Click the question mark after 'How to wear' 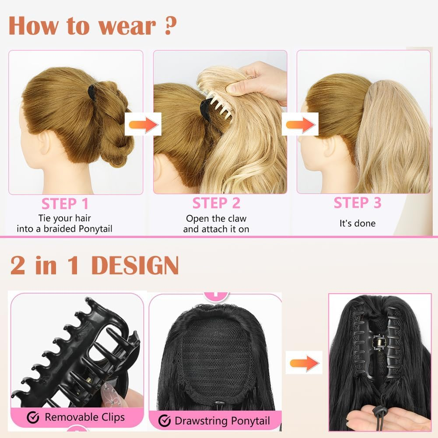(x=170, y=26)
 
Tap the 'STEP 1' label (x=65, y=204)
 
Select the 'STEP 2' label (x=216, y=204)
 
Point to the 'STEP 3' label (x=357, y=203)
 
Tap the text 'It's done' (x=357, y=223)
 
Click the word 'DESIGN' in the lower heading (x=135, y=265)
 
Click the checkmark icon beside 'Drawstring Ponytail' (x=165, y=420)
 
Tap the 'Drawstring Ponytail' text (x=222, y=421)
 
